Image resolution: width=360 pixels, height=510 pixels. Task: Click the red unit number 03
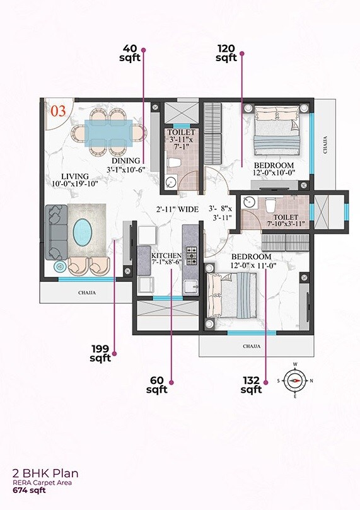pos(57,112)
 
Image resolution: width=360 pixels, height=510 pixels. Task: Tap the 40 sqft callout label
pos(130,53)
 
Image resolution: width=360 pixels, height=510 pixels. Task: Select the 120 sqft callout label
pos(226,53)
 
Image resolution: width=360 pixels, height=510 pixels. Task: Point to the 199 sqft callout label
pos(100,354)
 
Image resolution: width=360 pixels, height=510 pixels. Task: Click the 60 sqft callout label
pos(157,385)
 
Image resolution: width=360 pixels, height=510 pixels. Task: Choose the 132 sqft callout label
pos(251,385)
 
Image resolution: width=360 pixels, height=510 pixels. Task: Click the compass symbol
pos(294,380)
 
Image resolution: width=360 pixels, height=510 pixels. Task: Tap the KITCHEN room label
pos(166,255)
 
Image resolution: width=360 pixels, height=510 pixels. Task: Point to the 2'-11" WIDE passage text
pos(178,209)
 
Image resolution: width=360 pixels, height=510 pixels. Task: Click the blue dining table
pos(107,134)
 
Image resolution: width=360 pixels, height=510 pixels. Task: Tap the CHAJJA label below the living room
pos(87,293)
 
